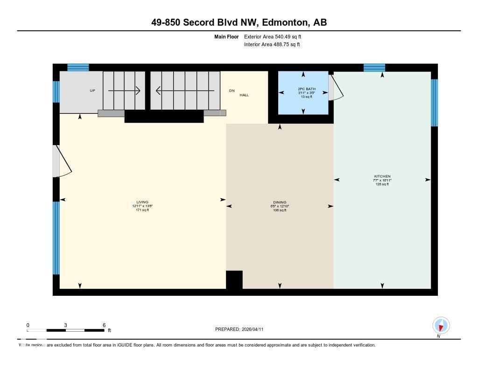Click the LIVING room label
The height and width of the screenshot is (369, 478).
[142, 202]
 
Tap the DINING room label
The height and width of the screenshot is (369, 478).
[280, 202]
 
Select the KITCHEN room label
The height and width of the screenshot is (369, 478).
[382, 176]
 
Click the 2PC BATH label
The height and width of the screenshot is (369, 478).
[303, 89]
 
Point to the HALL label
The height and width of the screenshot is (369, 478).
[244, 95]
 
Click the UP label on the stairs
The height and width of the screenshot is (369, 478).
[92, 91]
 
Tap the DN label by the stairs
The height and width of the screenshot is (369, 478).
[232, 91]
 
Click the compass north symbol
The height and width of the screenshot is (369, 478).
[441, 325]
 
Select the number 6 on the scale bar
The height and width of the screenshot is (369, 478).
[104, 325]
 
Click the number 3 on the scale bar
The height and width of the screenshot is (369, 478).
[66, 325]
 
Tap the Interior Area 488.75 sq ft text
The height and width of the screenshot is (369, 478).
[272, 45]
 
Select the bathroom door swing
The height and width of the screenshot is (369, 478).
[336, 88]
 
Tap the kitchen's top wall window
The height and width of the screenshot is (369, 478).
[374, 68]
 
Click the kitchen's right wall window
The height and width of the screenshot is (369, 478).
[434, 103]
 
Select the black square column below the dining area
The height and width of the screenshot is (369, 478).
[234, 280]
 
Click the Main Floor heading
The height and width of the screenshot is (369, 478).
[226, 36]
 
